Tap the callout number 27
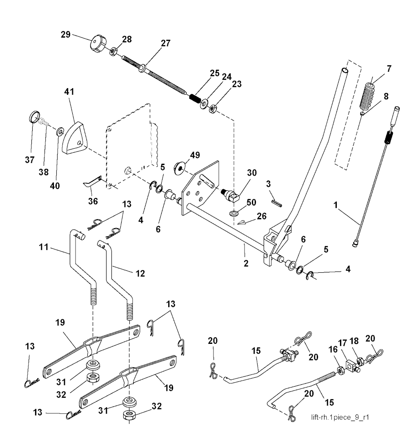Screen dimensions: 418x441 tap(166, 43)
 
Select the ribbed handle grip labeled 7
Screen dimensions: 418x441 tap(367, 94)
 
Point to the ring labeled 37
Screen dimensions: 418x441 tap(34, 117)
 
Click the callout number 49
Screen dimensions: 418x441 tap(195, 155)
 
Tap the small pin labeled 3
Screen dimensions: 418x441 tap(277, 203)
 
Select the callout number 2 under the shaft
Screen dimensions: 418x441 tap(246, 263)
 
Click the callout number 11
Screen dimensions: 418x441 tap(44, 247)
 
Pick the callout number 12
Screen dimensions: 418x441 tap(140, 273)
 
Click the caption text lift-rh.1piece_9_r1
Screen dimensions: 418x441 tap(340, 417)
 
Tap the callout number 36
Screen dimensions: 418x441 tap(93, 201)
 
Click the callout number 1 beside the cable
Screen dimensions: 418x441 tap(336, 205)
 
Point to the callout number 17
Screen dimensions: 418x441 tap(342, 343)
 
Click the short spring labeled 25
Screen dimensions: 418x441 tap(194, 98)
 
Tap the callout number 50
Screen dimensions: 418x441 tap(251, 202)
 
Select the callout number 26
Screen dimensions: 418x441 tap(261, 216)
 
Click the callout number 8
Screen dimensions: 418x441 tap(386, 96)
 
